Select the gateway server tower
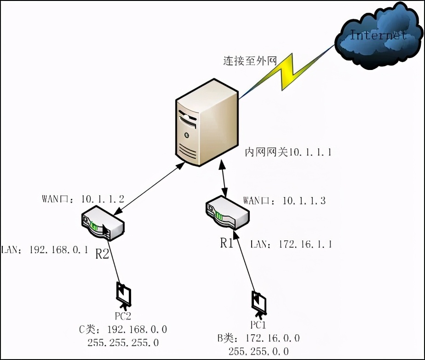207,122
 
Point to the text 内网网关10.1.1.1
288,152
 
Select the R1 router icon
227,213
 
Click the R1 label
227,243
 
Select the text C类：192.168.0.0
123,330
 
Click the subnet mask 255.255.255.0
123,343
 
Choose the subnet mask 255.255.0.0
258,351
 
